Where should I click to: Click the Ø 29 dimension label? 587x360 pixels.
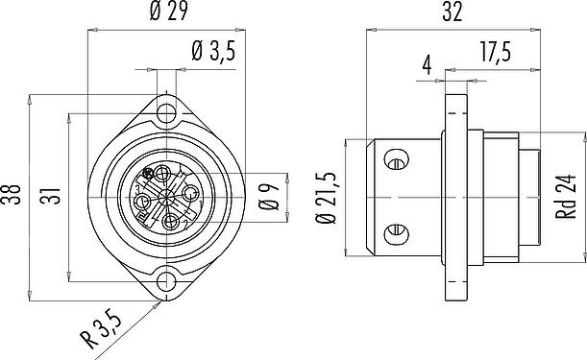click(x=168, y=12)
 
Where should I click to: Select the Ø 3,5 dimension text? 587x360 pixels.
click(x=214, y=51)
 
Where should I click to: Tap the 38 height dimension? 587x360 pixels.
click(x=11, y=194)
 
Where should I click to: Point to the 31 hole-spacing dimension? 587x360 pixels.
click(x=50, y=195)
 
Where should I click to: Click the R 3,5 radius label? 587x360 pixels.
click(x=101, y=329)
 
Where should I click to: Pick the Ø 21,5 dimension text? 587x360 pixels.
click(x=326, y=199)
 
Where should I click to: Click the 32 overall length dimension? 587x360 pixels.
click(x=452, y=12)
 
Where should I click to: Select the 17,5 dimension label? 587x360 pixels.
click(x=496, y=52)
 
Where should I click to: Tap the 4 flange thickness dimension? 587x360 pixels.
click(x=428, y=65)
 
